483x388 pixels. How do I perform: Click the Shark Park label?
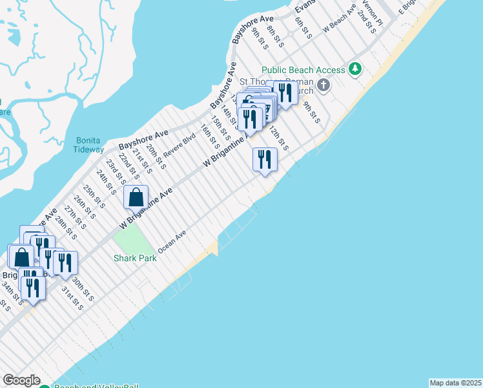136,257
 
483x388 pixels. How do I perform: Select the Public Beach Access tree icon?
354,69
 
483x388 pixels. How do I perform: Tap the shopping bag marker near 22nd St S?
136,197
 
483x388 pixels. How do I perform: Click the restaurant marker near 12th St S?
265,160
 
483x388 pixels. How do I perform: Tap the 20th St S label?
156,156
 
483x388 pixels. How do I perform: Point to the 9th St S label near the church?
311,111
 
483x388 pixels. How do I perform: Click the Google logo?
21,380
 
